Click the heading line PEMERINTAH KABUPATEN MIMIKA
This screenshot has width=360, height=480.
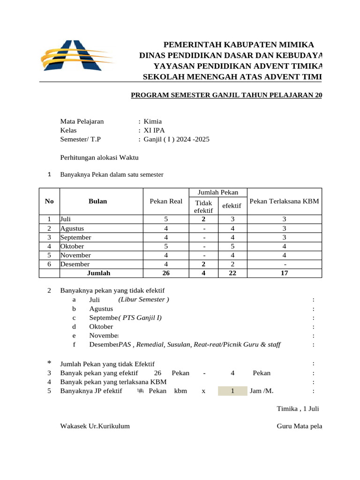coord(238,45)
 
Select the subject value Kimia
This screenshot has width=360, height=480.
coord(152,121)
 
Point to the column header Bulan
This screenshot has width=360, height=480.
coord(97,201)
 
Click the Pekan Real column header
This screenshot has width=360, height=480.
coord(166,201)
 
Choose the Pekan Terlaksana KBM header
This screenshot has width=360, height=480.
coord(285,201)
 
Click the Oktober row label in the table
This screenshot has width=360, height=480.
coord(72,246)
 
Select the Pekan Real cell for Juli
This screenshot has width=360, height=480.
coord(166,219)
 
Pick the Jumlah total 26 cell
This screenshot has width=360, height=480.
coord(166,273)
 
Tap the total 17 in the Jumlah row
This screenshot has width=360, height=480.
coord(285,273)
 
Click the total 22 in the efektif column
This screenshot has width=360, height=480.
coord(232,273)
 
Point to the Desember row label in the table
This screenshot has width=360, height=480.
coord(75,264)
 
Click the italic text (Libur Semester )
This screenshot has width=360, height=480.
coord(144,300)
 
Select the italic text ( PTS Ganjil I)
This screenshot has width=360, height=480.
coord(140,318)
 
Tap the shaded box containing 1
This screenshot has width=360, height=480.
coord(232,391)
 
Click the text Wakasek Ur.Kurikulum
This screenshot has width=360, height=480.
coord(95,426)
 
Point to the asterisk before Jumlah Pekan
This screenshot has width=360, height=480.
coord(50,363)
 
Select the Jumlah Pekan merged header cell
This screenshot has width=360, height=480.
coord(218,192)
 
